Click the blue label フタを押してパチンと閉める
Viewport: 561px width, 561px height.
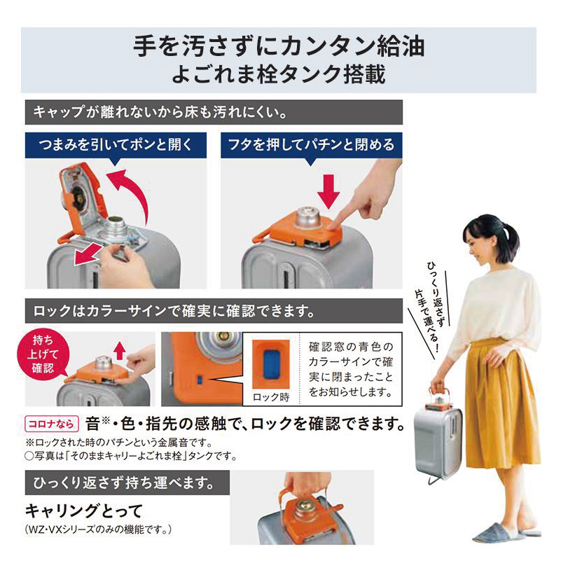tap(311, 145)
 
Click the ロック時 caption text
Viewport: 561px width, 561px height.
tap(270, 396)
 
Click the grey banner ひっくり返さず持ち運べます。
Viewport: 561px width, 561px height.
tap(126, 483)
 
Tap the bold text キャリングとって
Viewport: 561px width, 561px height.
tap(83, 511)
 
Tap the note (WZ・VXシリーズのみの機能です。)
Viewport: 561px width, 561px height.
tap(98, 527)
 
